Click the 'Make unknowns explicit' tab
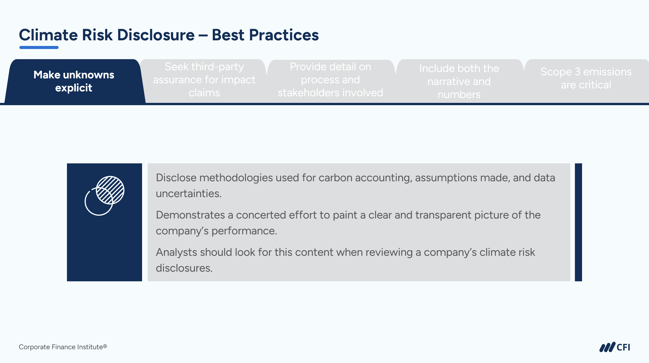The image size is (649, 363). pyautogui.click(x=74, y=81)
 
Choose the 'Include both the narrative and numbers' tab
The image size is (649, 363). pyautogui.click(x=459, y=81)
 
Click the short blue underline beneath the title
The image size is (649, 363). pyautogui.click(x=39, y=47)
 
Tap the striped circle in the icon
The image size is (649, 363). pyautogui.click(x=110, y=190)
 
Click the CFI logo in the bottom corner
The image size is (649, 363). pyautogui.click(x=615, y=347)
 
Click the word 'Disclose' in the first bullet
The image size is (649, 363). pyautogui.click(x=176, y=178)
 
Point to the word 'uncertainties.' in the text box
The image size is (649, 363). pyautogui.click(x=189, y=193)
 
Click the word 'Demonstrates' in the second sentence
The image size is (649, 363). pyautogui.click(x=190, y=215)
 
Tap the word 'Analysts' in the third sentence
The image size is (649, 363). pyautogui.click(x=177, y=252)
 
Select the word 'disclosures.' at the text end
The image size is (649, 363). pyautogui.click(x=184, y=268)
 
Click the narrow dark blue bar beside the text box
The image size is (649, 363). pyautogui.click(x=578, y=222)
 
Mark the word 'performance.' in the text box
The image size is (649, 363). pyautogui.click(x=244, y=231)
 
